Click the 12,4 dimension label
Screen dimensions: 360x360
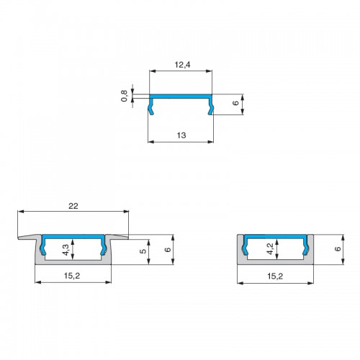(x=182, y=65)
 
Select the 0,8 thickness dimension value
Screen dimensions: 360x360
(x=124, y=96)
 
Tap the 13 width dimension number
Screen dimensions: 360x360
(x=181, y=135)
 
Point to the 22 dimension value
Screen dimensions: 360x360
(x=73, y=206)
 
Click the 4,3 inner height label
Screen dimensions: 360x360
(x=66, y=250)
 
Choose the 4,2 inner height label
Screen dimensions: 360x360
(x=270, y=248)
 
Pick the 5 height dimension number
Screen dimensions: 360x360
(x=143, y=251)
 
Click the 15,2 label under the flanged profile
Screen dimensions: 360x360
(x=72, y=276)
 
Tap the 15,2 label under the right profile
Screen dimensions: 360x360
(x=275, y=276)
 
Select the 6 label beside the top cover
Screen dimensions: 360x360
(x=236, y=103)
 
